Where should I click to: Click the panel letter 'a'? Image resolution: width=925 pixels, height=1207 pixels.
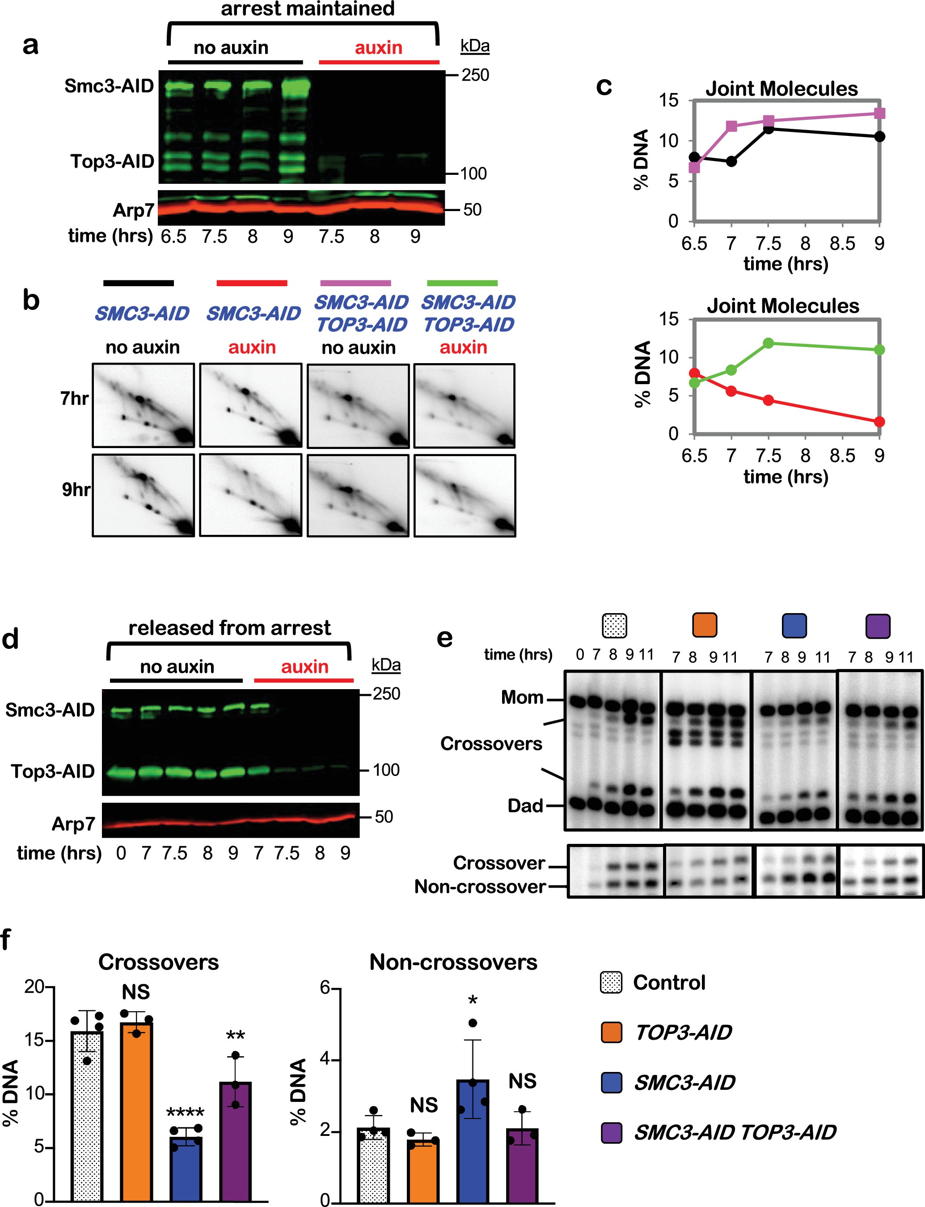point(30,46)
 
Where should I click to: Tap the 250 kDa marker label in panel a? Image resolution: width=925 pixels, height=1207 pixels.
point(475,75)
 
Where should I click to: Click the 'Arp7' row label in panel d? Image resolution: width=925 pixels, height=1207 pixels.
point(73,824)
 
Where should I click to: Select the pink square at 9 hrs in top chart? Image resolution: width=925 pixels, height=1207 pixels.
point(879,114)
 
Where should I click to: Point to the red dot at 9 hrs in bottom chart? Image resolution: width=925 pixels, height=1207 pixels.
point(879,422)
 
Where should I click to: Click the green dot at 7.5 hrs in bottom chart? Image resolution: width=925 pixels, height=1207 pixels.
point(769,343)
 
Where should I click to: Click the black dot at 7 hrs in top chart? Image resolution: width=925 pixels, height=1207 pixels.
point(731,161)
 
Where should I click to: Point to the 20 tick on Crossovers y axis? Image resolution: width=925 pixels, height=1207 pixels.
point(34,986)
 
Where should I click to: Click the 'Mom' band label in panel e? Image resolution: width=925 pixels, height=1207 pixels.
point(522,698)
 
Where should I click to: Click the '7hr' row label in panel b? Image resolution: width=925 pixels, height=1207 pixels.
point(74,398)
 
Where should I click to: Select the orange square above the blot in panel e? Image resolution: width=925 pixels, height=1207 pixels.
point(704,625)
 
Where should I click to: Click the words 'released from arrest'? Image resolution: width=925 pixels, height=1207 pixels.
point(230,628)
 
